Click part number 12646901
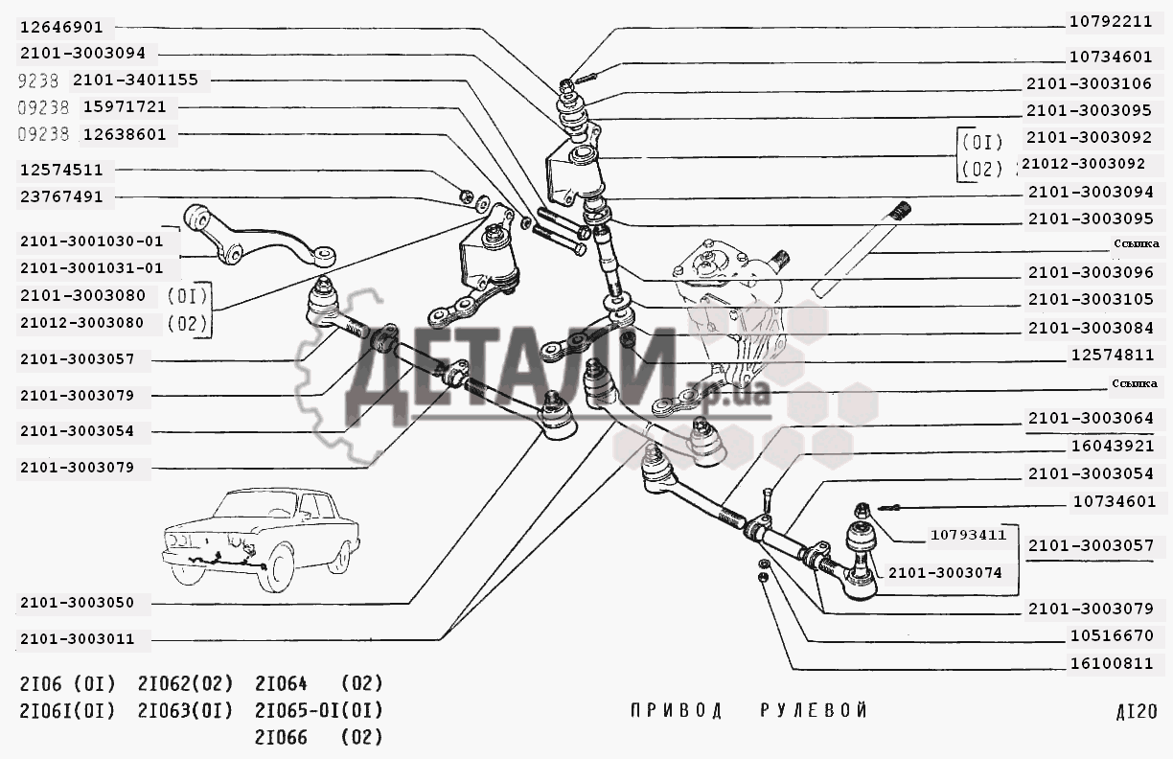(61, 27)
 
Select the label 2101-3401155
(136, 80)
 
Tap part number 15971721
(125, 107)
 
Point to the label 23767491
(61, 197)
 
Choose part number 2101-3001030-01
(92, 241)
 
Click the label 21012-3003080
(81, 323)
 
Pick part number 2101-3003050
(78, 603)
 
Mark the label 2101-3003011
(78, 639)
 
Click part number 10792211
(1111, 21)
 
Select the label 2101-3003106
(1090, 83)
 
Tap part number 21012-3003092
(1084, 164)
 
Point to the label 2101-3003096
(1092, 272)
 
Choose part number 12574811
(1113, 356)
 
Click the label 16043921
(1113, 447)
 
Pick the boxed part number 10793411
(969, 535)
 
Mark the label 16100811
(1113, 664)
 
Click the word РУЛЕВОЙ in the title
(814, 711)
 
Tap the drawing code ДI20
(1137, 711)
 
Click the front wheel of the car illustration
(276, 568)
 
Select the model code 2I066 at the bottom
(281, 738)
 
